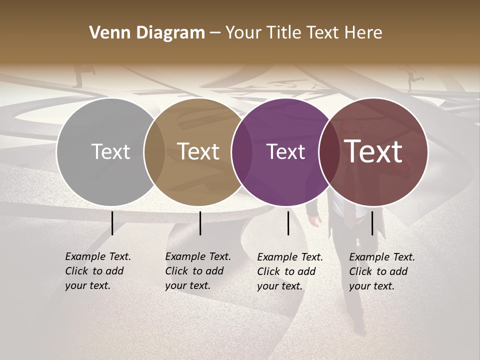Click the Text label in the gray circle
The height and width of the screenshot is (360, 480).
tap(110, 151)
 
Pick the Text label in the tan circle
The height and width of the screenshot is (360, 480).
tap(198, 151)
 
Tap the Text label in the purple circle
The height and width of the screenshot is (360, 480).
tap(286, 151)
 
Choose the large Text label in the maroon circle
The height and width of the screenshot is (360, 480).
tap(373, 151)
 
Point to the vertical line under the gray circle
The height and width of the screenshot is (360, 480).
tap(112, 223)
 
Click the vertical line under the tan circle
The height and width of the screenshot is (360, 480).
tap(200, 223)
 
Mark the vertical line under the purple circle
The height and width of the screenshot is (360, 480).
tap(288, 223)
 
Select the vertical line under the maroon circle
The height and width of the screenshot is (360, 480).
tap(372, 223)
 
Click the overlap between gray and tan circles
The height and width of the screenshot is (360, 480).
tap(154, 151)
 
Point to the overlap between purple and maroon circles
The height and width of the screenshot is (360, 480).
tap(329, 151)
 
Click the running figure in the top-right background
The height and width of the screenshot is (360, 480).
tap(413, 78)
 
